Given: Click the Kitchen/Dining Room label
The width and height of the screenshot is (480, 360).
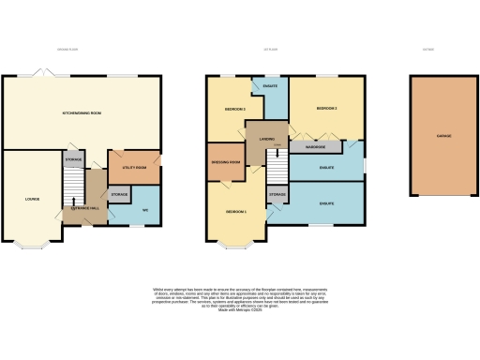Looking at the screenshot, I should [x=82, y=112].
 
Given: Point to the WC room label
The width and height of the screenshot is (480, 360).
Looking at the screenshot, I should [x=145, y=209].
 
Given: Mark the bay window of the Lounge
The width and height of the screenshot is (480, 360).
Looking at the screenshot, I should [x=38, y=247].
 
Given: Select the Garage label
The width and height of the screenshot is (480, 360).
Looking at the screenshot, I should [x=443, y=137].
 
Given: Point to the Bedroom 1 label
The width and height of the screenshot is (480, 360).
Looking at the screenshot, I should [x=236, y=213].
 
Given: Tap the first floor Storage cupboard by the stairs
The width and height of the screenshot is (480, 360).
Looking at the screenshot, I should [x=277, y=195].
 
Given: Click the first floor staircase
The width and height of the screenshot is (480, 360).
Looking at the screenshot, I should [x=277, y=169].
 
